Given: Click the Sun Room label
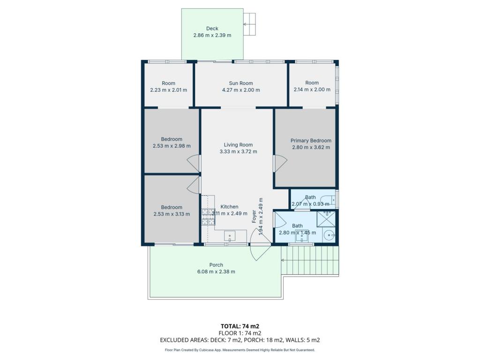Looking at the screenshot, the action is (241, 83).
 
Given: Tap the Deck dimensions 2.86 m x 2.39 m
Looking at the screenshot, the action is (212, 35).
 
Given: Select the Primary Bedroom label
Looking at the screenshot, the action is (311, 141).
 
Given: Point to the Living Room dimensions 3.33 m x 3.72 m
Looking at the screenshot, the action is (238, 151).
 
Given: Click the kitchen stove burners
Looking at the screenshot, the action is (208, 217).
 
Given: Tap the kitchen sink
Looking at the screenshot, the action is (230, 236).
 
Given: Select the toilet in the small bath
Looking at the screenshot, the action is (330, 200).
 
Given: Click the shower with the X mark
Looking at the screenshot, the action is (326, 219).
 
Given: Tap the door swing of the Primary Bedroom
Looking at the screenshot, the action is (280, 164).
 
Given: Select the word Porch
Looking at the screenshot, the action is (216, 265).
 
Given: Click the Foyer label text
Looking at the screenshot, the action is (254, 217).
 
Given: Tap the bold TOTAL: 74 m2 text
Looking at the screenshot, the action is (240, 326).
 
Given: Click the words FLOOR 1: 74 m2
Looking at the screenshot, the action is (240, 333).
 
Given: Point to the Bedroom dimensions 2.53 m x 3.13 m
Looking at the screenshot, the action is (172, 214).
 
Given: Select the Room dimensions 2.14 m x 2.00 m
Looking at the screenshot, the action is (312, 90).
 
